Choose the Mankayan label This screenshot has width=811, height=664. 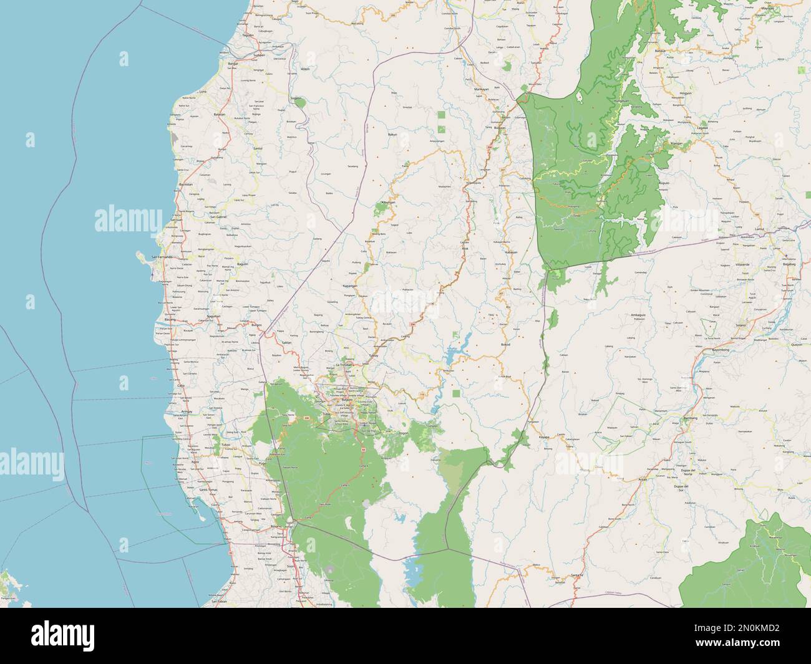click(x=480, y=90)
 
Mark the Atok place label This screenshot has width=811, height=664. click(x=464, y=248)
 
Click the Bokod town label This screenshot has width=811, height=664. click(x=505, y=344)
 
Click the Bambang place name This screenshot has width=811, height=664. click(x=689, y=418)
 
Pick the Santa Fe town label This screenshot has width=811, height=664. click(x=576, y=574)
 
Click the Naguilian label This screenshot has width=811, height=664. click(x=214, y=317)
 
